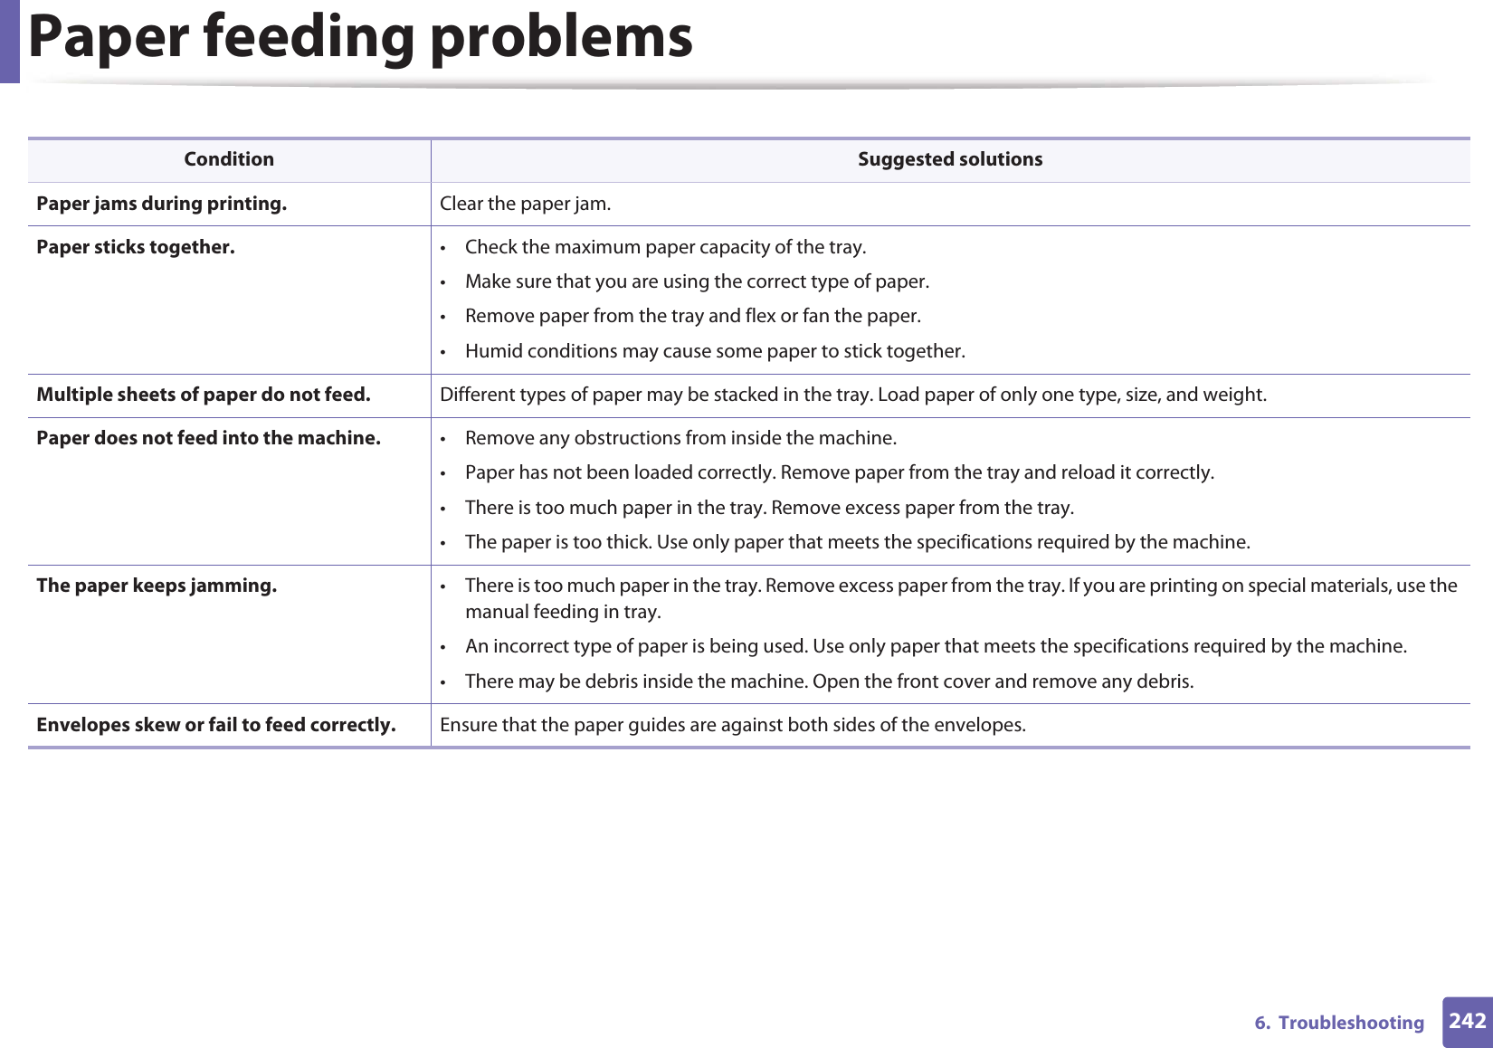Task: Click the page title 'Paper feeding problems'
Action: tap(360, 38)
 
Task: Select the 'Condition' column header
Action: tap(229, 159)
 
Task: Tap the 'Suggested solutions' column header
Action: tap(949, 159)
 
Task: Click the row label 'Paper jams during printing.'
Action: tap(161, 204)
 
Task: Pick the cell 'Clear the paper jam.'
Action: tap(525, 204)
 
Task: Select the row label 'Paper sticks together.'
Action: tap(136, 247)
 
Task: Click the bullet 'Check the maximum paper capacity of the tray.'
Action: tap(665, 247)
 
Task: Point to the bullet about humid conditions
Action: tap(715, 351)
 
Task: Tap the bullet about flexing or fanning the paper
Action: tap(692, 316)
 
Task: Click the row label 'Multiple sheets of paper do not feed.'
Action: tap(204, 395)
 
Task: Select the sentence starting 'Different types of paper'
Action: tap(852, 395)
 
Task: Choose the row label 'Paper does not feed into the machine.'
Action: tap(208, 438)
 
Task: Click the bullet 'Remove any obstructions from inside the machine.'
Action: tap(680, 438)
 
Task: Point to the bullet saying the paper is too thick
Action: tap(857, 542)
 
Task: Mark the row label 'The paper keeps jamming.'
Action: tap(157, 586)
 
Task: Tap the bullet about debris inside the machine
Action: tap(829, 681)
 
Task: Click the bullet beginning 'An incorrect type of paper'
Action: tap(936, 646)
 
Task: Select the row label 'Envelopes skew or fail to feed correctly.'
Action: tap(215, 725)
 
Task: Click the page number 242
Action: tap(1467, 1021)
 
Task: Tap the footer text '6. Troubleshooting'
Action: tap(1338, 1023)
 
